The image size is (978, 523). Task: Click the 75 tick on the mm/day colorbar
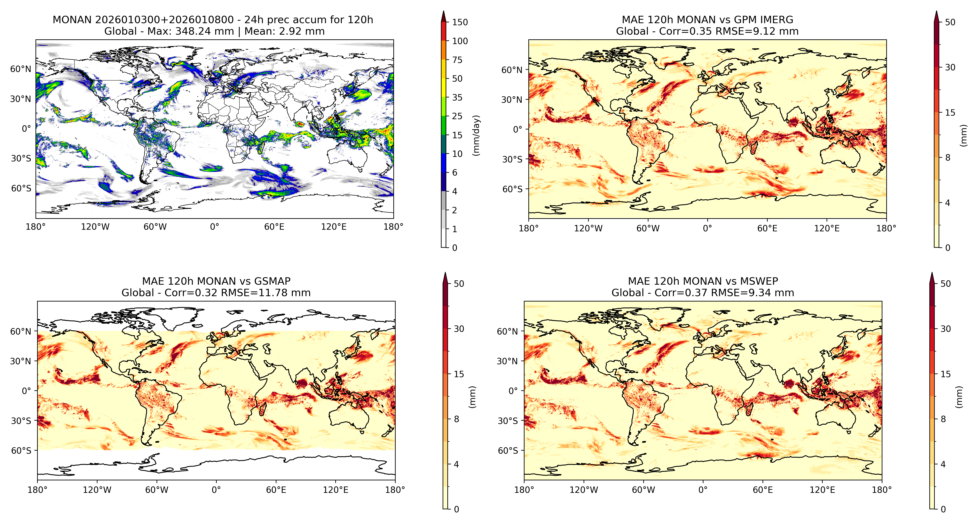click(x=457, y=60)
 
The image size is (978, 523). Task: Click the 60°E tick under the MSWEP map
click(x=763, y=490)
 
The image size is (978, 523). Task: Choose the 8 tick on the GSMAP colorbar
click(x=456, y=419)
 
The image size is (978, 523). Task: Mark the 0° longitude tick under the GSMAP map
click(x=216, y=490)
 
